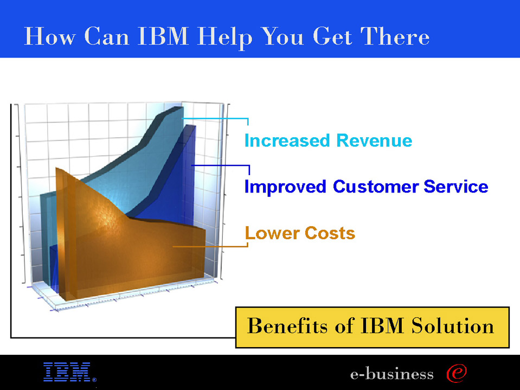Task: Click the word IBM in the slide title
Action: click(x=163, y=36)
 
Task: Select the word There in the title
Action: click(x=395, y=36)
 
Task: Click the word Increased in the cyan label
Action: click(x=287, y=140)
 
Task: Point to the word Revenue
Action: click(x=374, y=140)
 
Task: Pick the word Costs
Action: click(x=330, y=233)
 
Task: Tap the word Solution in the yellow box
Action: click(x=453, y=325)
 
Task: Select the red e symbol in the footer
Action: click(x=457, y=373)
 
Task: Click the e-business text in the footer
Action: click(x=391, y=374)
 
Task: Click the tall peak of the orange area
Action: click(x=57, y=169)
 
